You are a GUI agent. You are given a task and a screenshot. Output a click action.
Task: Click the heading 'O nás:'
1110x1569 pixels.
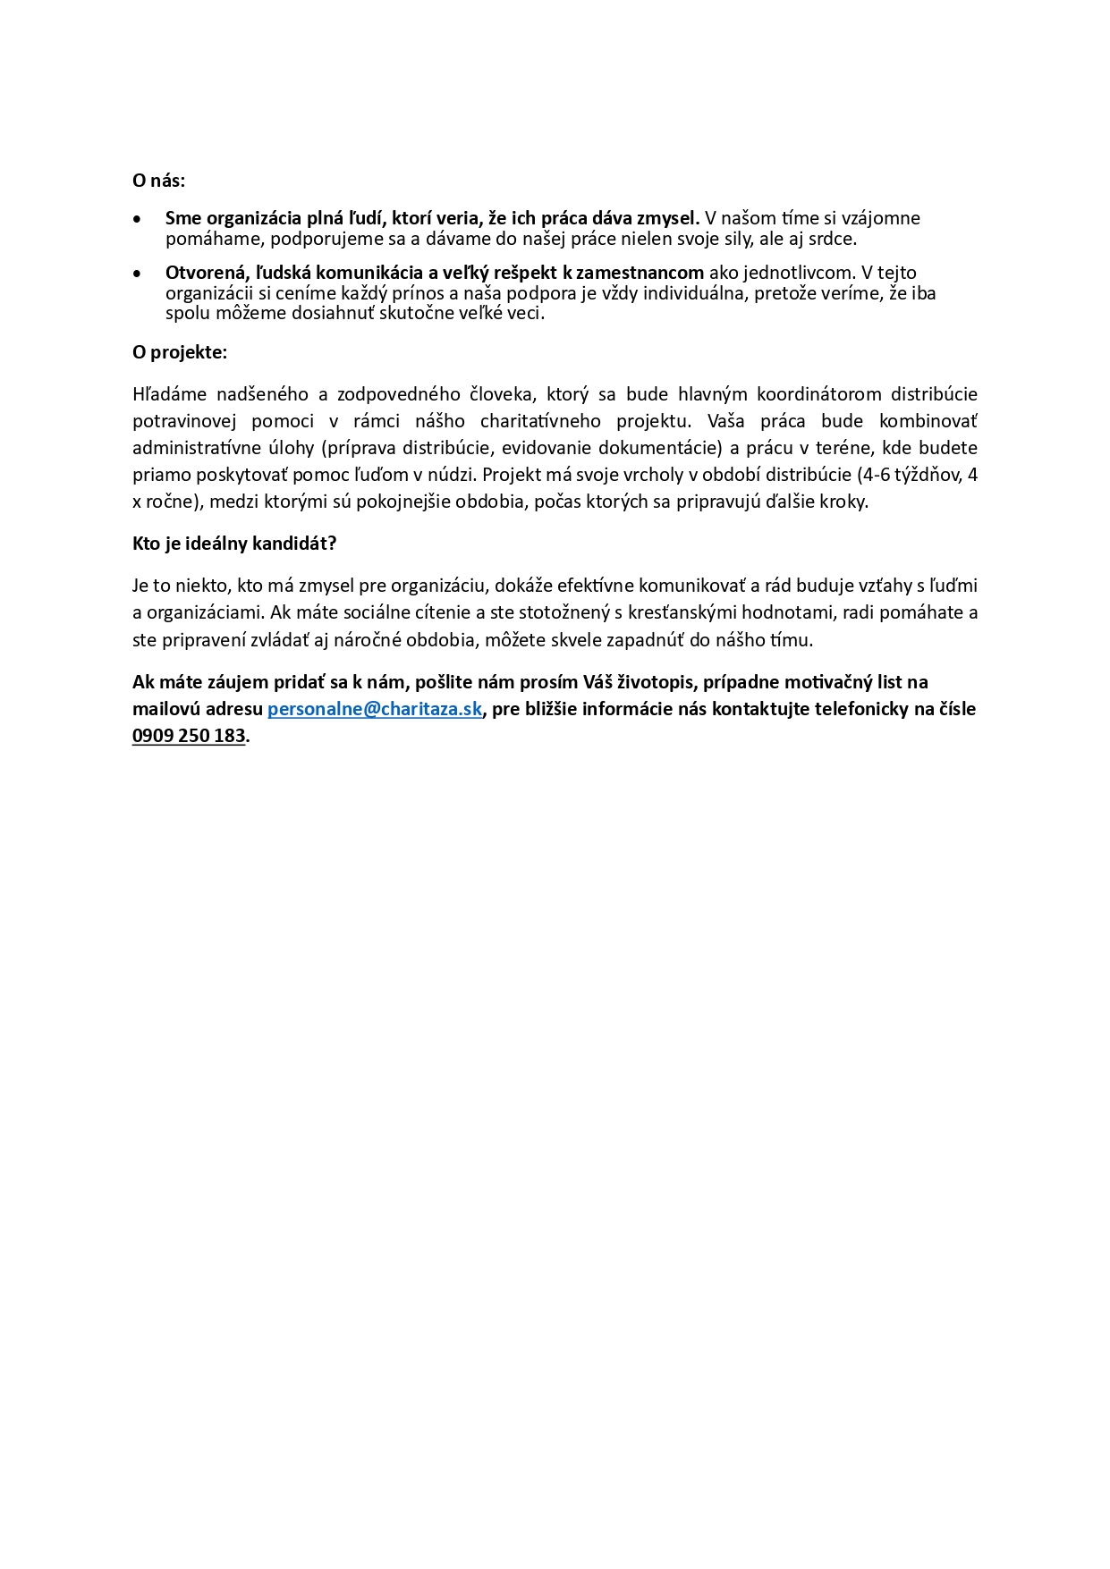(158, 181)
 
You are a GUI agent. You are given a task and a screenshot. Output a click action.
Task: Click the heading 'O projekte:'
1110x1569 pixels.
(180, 352)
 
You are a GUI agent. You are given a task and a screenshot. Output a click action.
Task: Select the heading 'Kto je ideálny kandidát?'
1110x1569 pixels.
(234, 544)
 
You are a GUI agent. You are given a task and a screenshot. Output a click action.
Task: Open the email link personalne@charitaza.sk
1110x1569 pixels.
(375, 709)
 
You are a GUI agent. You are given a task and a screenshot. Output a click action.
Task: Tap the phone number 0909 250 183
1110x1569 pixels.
(189, 736)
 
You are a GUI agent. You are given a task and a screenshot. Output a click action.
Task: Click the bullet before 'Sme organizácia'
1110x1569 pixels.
(137, 219)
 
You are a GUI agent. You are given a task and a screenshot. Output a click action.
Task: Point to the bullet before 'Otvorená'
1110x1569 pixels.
(137, 274)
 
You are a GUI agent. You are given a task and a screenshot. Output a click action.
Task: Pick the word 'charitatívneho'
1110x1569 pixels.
(540, 421)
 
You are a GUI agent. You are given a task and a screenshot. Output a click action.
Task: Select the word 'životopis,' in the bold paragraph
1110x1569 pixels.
(655, 682)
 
